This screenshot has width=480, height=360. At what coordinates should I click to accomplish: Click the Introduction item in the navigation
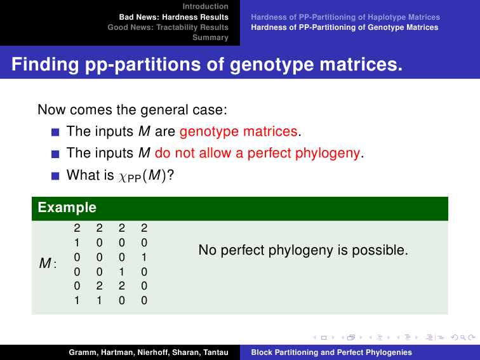(x=206, y=6)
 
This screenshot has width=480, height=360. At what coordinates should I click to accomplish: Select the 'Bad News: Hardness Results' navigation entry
(x=174, y=17)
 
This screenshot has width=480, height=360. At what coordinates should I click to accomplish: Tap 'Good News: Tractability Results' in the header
(x=168, y=27)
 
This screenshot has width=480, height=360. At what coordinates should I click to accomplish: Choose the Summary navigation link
(x=210, y=37)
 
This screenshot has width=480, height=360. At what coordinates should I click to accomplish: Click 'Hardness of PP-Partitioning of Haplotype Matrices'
(x=345, y=17)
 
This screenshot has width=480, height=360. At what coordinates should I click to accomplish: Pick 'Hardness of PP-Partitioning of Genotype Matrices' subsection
(x=345, y=27)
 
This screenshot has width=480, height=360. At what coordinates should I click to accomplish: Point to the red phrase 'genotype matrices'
(x=239, y=131)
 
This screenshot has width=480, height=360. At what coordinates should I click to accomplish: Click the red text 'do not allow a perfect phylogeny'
(x=257, y=153)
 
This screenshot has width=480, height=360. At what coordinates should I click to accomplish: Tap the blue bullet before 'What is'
(x=55, y=176)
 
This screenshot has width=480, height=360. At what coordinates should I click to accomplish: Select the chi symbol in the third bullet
(x=123, y=177)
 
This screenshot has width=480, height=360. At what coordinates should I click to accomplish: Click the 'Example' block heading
(x=67, y=208)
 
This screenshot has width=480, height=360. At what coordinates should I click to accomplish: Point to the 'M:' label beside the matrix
(x=48, y=263)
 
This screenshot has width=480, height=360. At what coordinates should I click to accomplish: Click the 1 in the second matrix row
(x=77, y=243)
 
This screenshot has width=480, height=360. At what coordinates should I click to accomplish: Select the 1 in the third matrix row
(x=144, y=257)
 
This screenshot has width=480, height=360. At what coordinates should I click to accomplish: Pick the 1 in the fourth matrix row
(x=121, y=272)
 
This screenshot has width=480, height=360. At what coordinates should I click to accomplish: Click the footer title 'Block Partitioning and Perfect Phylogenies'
(x=331, y=352)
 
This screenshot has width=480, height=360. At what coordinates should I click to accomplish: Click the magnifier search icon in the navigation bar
(x=463, y=338)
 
